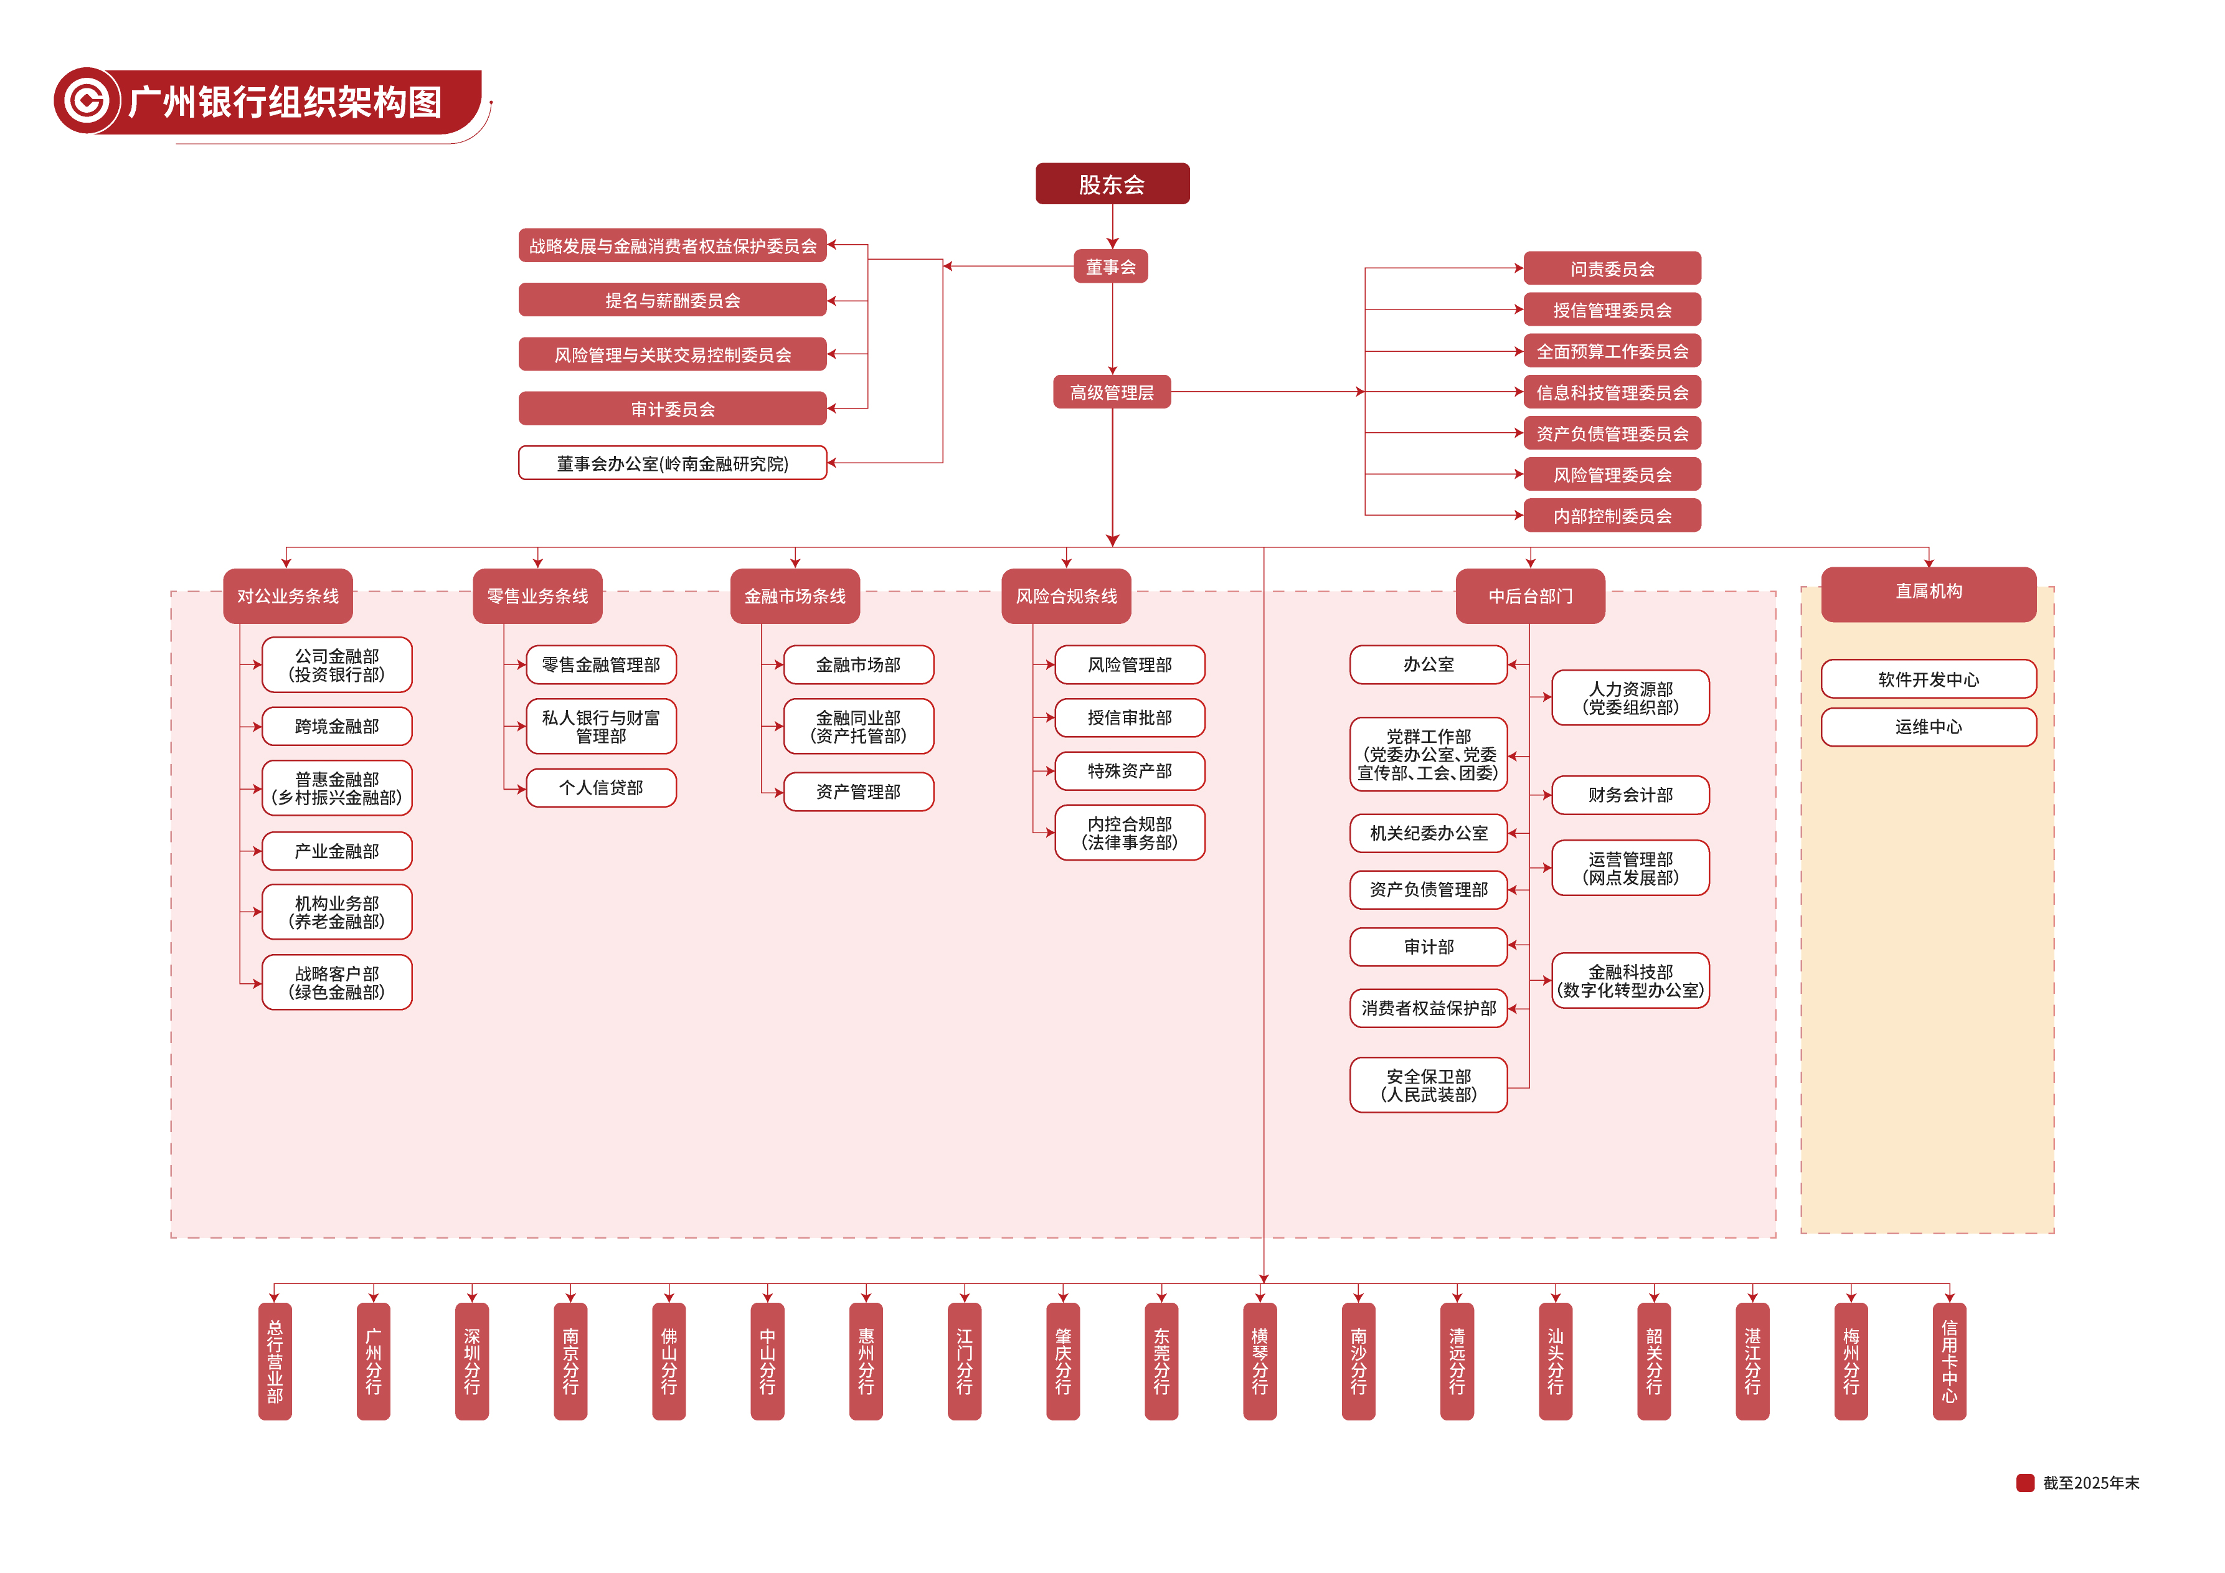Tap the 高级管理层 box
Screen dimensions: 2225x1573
click(x=1112, y=392)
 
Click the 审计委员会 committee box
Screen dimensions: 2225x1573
click(x=673, y=409)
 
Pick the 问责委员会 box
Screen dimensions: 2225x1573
click(x=1612, y=268)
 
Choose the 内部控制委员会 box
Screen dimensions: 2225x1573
click(x=1612, y=516)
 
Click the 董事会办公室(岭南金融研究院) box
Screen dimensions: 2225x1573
click(x=673, y=463)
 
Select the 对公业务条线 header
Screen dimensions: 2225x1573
click(x=288, y=596)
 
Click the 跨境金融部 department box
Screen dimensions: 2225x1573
click(x=338, y=726)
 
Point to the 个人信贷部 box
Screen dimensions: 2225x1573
click(x=601, y=788)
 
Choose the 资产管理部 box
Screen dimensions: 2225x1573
click(x=859, y=792)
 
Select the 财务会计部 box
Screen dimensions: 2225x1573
click(x=1630, y=795)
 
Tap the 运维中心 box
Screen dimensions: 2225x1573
click(x=1929, y=727)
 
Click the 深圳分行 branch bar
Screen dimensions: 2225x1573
click(x=472, y=1361)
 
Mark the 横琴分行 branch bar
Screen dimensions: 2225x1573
click(x=1260, y=1361)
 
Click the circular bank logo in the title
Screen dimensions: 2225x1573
click(x=87, y=101)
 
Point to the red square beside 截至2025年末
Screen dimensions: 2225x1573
click(x=2025, y=1483)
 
